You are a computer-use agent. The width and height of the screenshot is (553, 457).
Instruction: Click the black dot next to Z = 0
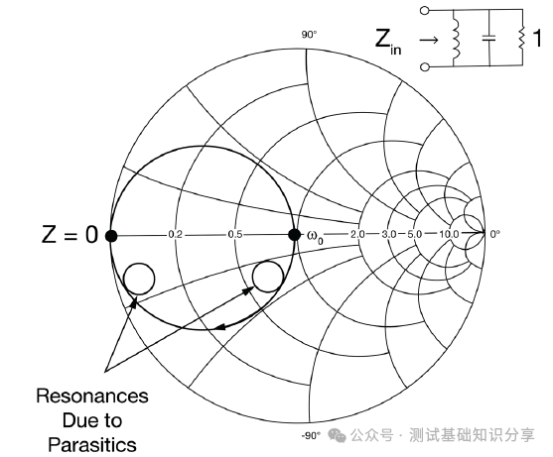[111, 236]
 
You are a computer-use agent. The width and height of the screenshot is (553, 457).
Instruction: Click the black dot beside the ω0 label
[295, 235]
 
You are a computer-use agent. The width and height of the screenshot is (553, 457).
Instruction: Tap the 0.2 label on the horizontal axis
[176, 235]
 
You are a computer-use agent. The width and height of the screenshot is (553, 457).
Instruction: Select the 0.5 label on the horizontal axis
[235, 234]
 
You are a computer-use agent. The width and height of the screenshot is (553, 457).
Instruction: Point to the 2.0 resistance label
[357, 234]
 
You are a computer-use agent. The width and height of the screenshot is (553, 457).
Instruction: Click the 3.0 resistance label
[388, 234]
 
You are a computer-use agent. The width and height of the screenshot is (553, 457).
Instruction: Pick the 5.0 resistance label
[415, 234]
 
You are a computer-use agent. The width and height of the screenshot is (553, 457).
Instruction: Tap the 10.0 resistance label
[449, 234]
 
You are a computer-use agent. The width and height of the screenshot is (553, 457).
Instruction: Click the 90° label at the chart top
[309, 35]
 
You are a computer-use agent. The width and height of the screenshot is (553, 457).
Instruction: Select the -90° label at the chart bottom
[311, 435]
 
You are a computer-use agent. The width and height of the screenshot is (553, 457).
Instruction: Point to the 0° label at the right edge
[494, 234]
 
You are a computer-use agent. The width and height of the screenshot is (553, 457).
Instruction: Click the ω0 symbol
[315, 237]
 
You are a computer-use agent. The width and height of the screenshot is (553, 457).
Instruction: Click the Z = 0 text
[69, 235]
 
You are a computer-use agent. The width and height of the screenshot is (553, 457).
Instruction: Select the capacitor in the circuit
[489, 38]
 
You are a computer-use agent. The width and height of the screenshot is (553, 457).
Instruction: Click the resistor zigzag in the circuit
[522, 38]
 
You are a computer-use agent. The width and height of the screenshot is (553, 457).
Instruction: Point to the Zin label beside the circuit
[388, 42]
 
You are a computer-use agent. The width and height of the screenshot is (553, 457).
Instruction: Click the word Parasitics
[92, 444]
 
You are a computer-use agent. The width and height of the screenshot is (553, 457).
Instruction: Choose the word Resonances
[92, 397]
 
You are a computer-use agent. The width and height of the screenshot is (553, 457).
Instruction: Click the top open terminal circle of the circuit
[425, 10]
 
